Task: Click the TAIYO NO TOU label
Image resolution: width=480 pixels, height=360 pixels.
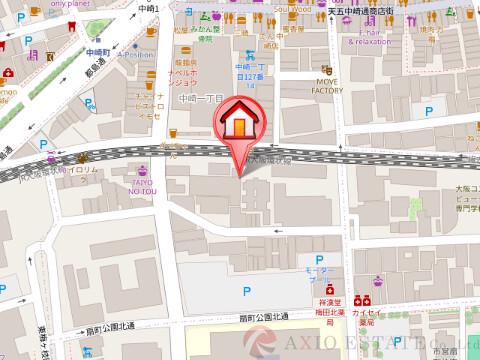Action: [144, 186]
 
